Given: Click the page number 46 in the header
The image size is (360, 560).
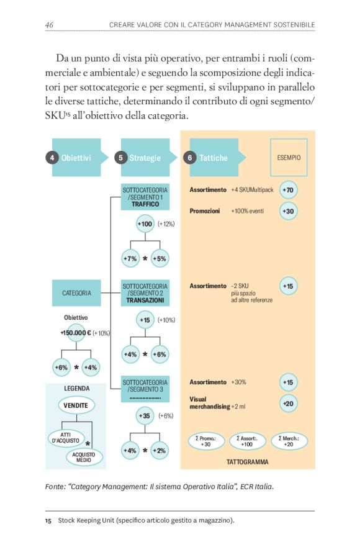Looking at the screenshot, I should pyautogui.click(x=49, y=24).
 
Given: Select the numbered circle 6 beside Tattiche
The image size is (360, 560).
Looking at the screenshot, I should pyautogui.click(x=189, y=158).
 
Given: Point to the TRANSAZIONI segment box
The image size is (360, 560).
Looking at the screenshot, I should pyautogui.click(x=145, y=293).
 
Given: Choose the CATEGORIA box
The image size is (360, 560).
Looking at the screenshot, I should pyautogui.click(x=76, y=293).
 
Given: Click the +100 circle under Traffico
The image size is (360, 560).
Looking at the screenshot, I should pyautogui.click(x=145, y=224).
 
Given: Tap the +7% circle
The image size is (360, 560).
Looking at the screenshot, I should pyautogui.click(x=130, y=258).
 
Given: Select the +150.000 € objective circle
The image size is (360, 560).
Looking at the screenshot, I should pyautogui.click(x=76, y=333).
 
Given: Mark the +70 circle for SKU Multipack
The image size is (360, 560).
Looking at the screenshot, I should pyautogui.click(x=288, y=189).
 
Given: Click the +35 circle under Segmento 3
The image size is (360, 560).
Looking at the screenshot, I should pyautogui.click(x=145, y=415).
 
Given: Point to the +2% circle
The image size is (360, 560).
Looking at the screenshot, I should pyautogui.click(x=159, y=450).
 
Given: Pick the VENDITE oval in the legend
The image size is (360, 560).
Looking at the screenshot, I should pyautogui.click(x=76, y=405).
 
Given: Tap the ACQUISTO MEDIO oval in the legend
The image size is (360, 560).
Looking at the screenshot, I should pyautogui.click(x=84, y=458).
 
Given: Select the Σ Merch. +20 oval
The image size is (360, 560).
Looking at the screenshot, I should pyautogui.click(x=288, y=441).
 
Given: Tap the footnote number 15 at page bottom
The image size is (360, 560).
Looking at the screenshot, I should pyautogui.click(x=48, y=520).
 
